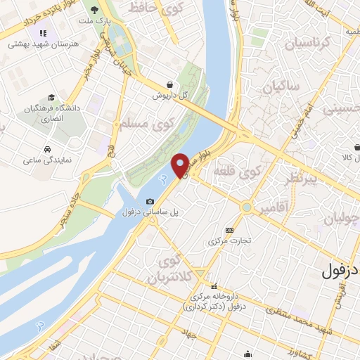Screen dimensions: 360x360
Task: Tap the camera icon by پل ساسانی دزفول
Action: coord(150,202)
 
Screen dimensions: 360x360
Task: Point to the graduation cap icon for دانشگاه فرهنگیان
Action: coord(51,98)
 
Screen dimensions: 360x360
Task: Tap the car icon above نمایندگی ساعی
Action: coord(46,150)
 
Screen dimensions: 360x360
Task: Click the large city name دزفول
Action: coord(340,271)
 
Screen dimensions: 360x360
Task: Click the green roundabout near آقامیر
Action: coord(247,207)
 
